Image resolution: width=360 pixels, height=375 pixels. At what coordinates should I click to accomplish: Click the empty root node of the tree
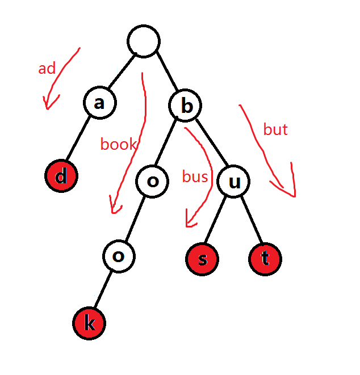144,41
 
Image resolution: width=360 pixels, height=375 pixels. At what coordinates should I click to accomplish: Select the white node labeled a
99,103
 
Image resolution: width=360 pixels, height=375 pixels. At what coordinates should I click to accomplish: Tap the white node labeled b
185,105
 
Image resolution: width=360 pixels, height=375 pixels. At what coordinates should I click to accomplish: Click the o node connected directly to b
152,182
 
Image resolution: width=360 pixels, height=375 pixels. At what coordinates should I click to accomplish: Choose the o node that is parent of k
119,256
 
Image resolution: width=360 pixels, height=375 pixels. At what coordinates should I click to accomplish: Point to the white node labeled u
234,182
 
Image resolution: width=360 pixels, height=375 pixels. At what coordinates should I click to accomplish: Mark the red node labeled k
89,324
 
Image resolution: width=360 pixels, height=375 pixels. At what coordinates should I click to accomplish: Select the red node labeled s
202,260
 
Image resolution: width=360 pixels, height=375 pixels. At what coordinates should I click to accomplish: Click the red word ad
47,69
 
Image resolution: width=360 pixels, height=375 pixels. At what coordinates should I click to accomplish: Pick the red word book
118,144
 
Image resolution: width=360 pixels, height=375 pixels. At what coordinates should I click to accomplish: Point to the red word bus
195,177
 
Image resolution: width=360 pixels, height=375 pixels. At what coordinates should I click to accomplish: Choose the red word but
275,130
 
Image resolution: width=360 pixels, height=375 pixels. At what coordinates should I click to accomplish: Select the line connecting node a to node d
80,139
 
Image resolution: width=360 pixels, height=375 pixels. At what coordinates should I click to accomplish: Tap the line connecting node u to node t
250,221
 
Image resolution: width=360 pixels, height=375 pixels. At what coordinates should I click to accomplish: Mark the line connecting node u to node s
218,221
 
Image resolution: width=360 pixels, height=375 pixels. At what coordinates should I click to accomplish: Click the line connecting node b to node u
210,143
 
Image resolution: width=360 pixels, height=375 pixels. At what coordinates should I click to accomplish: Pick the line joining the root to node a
122,72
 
